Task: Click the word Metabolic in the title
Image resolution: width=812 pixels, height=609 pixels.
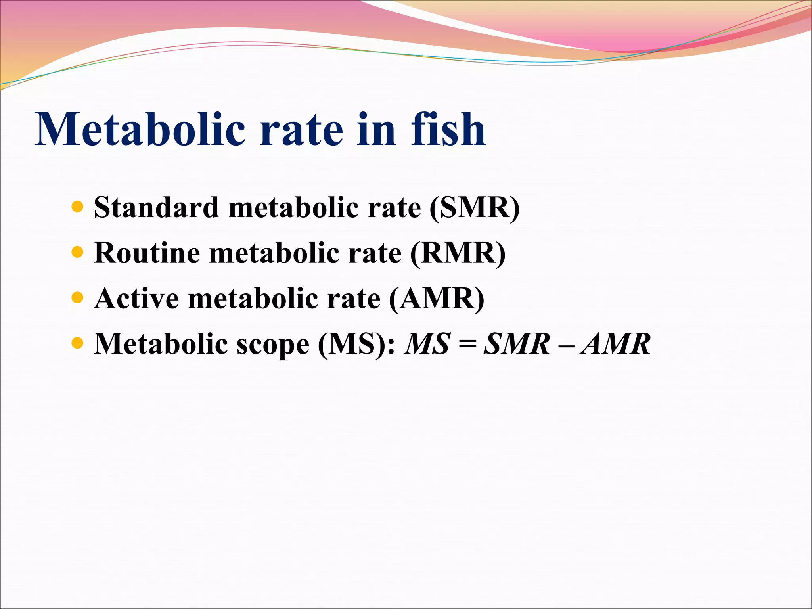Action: click(140, 129)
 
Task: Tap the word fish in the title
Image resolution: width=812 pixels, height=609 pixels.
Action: click(448, 129)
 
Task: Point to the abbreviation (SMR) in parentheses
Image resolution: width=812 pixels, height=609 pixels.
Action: click(474, 207)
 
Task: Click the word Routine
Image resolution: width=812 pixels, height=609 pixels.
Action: click(147, 253)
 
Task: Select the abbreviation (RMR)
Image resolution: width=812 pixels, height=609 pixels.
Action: click(458, 253)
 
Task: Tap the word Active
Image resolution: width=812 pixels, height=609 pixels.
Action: click(137, 298)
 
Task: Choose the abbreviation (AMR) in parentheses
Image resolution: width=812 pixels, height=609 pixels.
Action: click(437, 298)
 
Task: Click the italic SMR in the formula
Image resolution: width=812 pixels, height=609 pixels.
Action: click(517, 343)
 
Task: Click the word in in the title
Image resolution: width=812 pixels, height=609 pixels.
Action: click(376, 129)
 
